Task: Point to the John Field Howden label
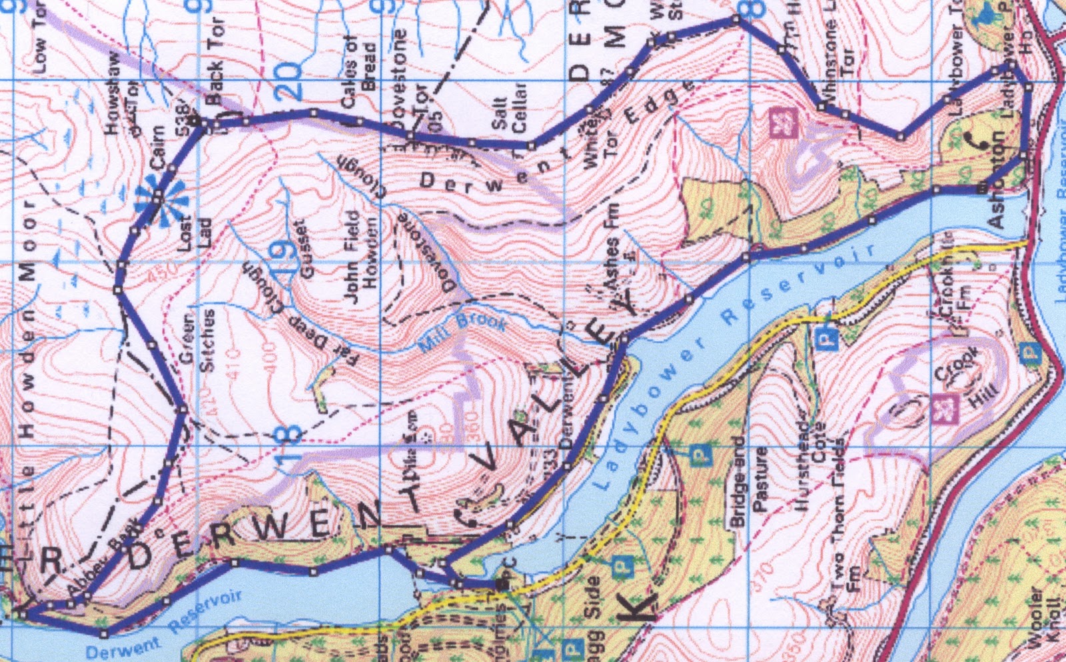click(360, 257)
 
